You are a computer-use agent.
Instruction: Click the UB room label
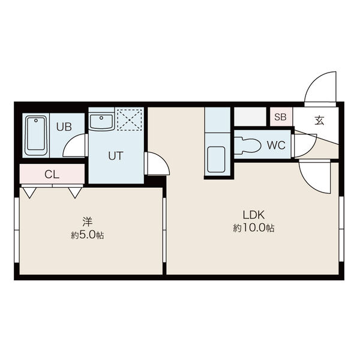pyautogui.click(x=64, y=127)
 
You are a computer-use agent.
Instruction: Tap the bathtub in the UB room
pyautogui.click(x=36, y=136)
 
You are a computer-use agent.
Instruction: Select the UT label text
pyautogui.click(x=116, y=156)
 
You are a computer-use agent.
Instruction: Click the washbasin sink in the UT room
pyautogui.click(x=101, y=122)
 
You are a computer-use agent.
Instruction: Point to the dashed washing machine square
pyautogui.click(x=130, y=120)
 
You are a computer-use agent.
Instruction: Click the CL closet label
pyautogui.click(x=52, y=175)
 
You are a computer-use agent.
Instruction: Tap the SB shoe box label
pyautogui.click(x=281, y=117)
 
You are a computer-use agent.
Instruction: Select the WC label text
pyautogui.click(x=276, y=145)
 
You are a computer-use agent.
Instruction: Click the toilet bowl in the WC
pyautogui.click(x=248, y=145)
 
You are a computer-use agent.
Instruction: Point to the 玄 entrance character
pyautogui.click(x=319, y=121)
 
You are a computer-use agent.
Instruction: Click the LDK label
pyautogui.click(x=254, y=215)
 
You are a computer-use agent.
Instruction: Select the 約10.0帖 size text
pyautogui.click(x=254, y=228)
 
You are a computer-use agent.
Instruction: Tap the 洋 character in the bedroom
pyautogui.click(x=87, y=222)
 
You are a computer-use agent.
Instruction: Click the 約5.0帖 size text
pyautogui.click(x=87, y=235)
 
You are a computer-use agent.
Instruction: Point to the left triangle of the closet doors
pyautogui.click(x=29, y=193)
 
